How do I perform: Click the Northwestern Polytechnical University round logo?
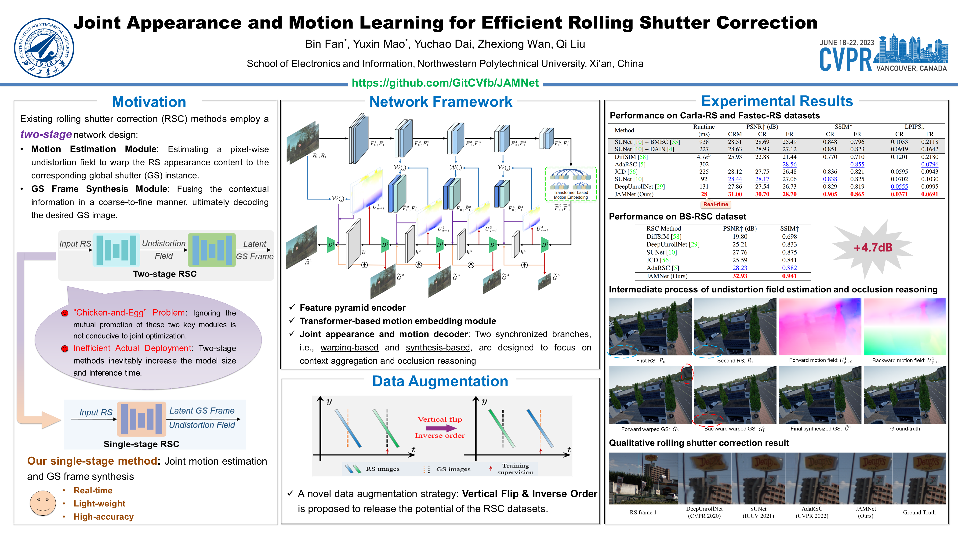point(44,48)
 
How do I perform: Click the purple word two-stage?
point(46,134)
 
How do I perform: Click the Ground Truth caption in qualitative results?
point(919,512)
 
